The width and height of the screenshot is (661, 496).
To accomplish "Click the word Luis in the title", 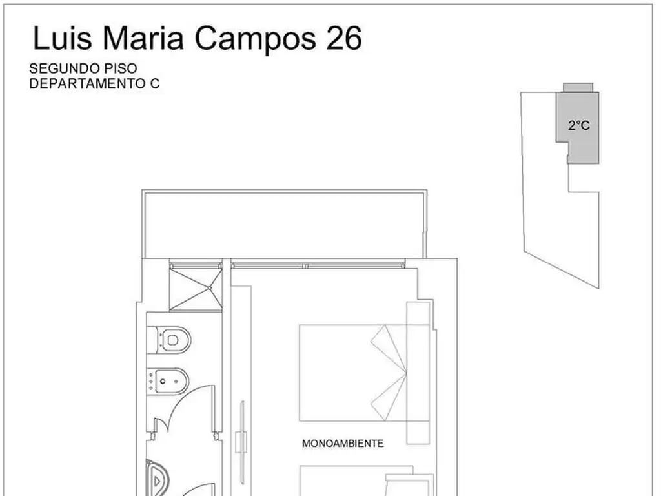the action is pyautogui.click(x=62, y=38).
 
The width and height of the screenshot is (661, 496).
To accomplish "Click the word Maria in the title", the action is pyautogui.click(x=143, y=38).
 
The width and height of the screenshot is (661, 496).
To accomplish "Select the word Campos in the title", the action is pyautogui.click(x=255, y=39).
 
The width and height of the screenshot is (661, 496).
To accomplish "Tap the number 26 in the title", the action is pyautogui.click(x=344, y=38).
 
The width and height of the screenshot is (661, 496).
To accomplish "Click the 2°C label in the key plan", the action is pyautogui.click(x=579, y=125).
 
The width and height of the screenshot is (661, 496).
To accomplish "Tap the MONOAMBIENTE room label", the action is pyautogui.click(x=343, y=443).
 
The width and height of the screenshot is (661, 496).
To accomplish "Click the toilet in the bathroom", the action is pyautogui.click(x=169, y=340).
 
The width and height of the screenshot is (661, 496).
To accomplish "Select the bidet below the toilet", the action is pyautogui.click(x=168, y=381).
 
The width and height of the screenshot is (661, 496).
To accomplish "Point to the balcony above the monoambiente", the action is pyautogui.click(x=285, y=223).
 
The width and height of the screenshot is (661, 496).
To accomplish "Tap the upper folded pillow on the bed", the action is pyautogui.click(x=389, y=348).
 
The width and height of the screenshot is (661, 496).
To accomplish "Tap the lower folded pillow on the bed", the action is pyautogui.click(x=389, y=397).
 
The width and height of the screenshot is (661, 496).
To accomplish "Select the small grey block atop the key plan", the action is pyautogui.click(x=578, y=87).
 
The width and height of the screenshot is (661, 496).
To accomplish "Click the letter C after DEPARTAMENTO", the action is pyautogui.click(x=155, y=83).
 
